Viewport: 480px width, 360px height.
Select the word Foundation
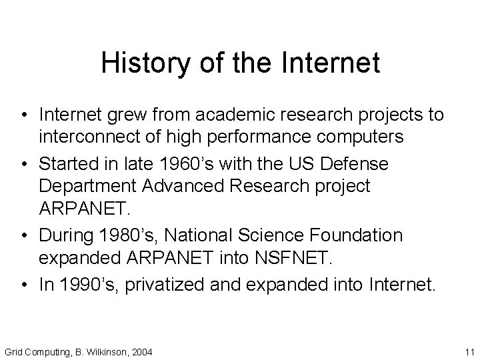tap(363, 235)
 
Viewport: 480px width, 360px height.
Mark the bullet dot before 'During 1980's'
tap(23, 235)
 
